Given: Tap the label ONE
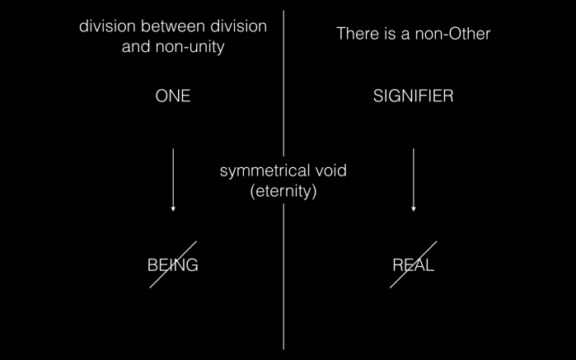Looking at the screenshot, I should pos(173,96).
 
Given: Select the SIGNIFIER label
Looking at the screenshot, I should pos(413,96).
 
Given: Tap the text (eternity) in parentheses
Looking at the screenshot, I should pos(283,192).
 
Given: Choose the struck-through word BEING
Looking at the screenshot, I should pos(173,265).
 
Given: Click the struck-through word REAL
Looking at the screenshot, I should pos(413,265).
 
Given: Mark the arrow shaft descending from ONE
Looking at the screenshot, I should pos(173,177).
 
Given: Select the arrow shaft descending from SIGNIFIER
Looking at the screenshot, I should pos(413,177).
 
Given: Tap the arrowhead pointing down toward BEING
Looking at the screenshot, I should pos(173,209).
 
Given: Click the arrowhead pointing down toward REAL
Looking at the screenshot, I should pos(413,209).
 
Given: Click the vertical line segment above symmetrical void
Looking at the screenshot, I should pos(283,82).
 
